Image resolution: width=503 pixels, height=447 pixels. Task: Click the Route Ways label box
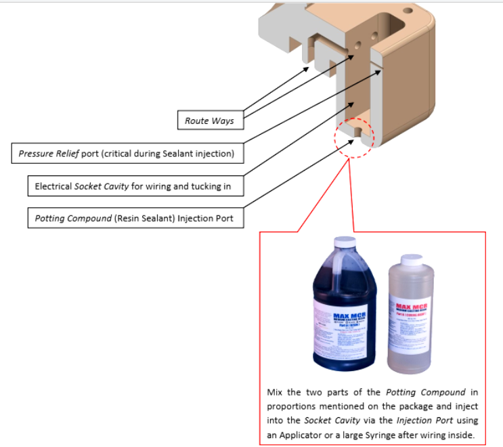tap(209, 121)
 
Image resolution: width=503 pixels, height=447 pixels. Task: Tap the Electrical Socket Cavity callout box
tap(129, 186)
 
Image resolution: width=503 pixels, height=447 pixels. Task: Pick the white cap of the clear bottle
tap(411, 259)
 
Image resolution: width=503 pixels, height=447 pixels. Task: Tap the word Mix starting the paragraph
tap(276, 392)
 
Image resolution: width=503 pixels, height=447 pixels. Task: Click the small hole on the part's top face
tap(408, 11)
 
